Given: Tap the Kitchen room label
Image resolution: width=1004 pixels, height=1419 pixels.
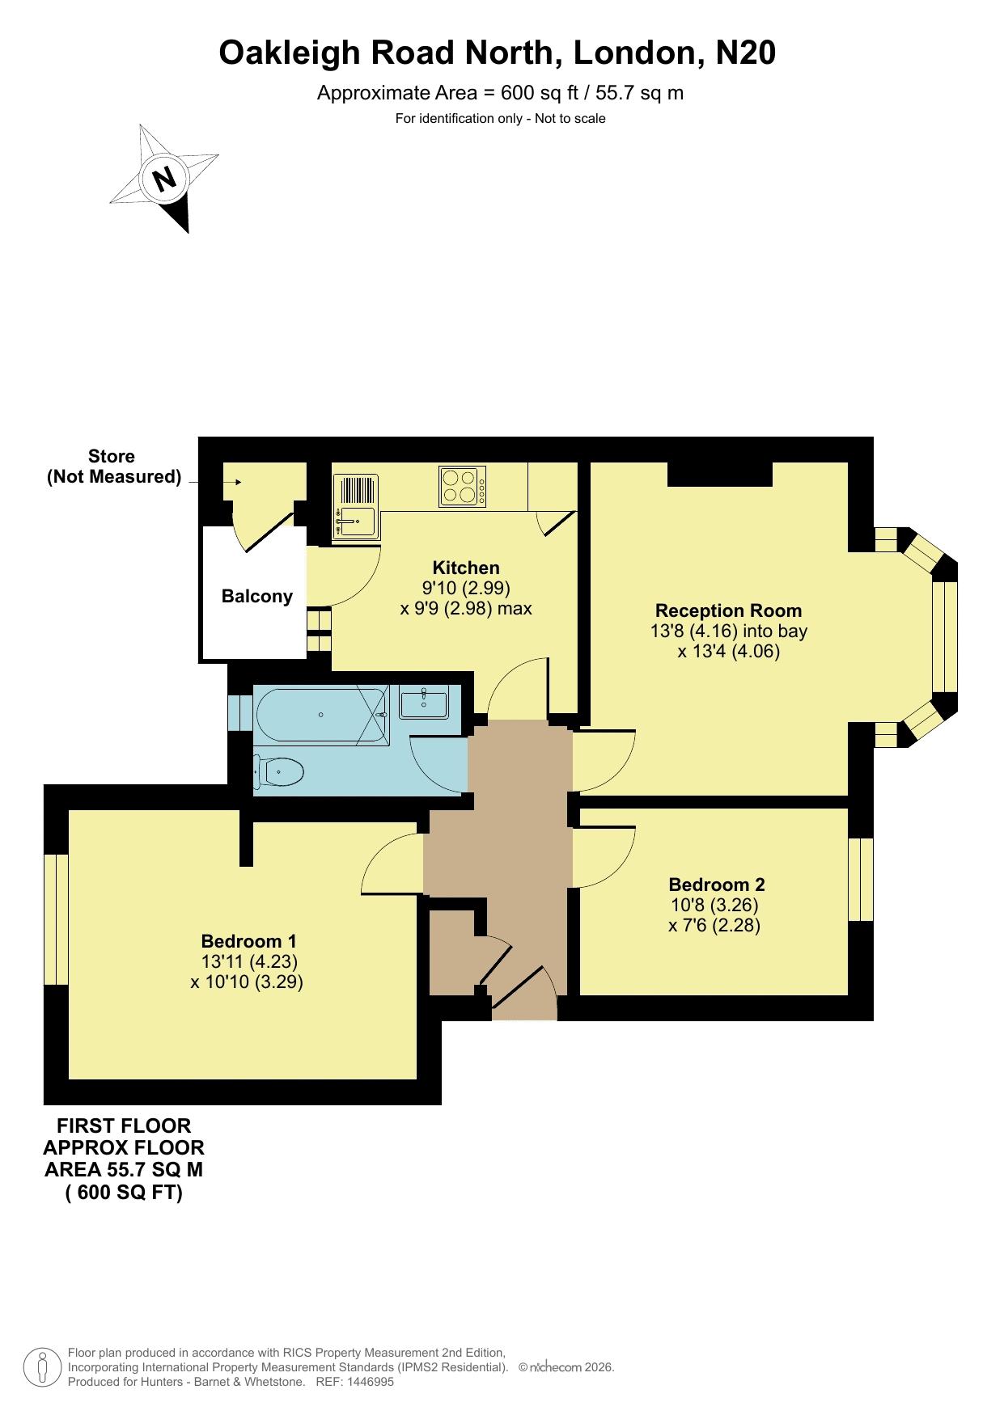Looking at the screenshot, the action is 466,568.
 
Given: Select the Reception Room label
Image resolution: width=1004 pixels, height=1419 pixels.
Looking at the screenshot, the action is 729,610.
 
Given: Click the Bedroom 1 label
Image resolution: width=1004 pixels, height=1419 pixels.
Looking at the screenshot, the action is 249,941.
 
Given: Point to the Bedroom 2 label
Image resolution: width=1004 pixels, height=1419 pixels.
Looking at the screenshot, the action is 717,885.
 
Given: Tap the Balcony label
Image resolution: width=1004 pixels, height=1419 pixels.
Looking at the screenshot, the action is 257,597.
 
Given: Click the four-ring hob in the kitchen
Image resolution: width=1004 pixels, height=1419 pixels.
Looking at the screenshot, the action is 463,487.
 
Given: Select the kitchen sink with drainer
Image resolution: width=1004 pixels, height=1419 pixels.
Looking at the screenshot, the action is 356,506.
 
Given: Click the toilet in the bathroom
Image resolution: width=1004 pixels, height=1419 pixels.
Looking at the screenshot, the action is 278,772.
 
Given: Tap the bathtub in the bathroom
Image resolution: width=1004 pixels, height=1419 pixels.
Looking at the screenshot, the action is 321,715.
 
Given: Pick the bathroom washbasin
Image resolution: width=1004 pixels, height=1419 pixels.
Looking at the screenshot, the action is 424,703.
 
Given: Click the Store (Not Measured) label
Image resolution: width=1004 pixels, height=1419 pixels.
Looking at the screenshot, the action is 112,467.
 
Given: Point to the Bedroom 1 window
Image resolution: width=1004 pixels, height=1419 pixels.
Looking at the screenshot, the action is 56,919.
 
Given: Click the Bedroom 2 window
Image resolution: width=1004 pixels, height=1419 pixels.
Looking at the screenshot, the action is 861,880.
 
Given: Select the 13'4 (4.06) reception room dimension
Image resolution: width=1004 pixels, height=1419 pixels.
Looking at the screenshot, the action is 729,652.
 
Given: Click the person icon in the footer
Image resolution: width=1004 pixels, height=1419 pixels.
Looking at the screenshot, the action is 43,1367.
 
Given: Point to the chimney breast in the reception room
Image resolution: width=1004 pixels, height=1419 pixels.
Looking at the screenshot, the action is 719,474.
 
